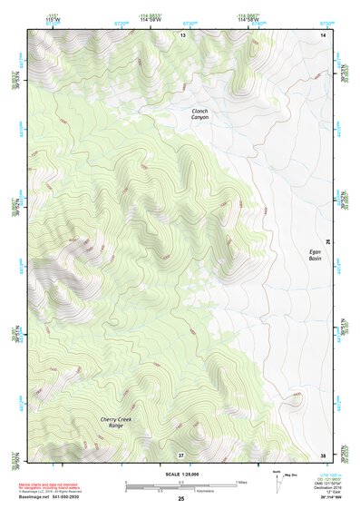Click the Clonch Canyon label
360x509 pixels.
pos(199,114)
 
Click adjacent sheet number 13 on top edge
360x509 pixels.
pos(181,34)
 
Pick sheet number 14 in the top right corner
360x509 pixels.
pos(322,34)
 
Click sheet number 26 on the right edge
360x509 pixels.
pos(329,241)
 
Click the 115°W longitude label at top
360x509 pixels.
pos(51,18)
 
